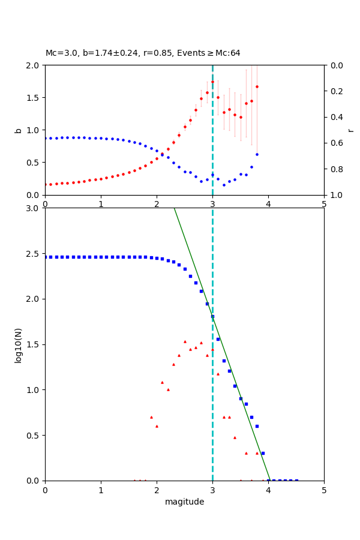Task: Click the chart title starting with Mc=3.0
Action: [143, 53]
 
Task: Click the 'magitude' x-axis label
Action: [184, 502]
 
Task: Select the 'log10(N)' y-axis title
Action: [19, 344]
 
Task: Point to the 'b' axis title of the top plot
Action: [19, 130]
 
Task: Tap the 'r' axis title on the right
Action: [350, 130]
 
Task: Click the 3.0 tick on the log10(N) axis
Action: [34, 208]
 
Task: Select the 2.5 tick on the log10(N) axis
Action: [34, 253]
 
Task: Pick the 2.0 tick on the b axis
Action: [34, 65]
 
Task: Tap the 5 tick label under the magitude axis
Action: [324, 490]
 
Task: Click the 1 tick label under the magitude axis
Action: [101, 490]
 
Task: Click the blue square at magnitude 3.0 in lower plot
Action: [212, 316]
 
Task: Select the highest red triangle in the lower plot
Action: [185, 341]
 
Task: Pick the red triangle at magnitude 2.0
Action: [157, 426]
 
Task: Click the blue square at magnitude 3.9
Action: [263, 453]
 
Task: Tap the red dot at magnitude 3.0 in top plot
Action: [212, 82]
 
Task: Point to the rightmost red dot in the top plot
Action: [257, 86]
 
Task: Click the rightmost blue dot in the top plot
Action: [257, 154]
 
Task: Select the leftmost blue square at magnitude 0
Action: [45, 257]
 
